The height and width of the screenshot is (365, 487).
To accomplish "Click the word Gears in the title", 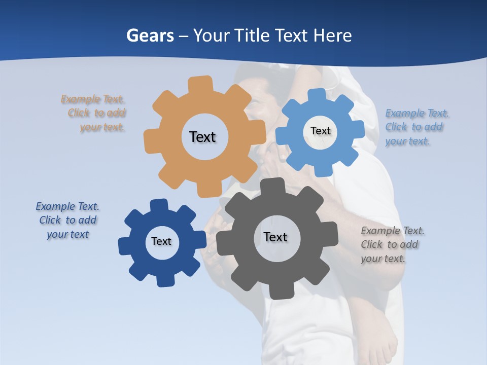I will tap(150, 35).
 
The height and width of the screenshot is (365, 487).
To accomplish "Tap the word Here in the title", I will tap(332, 35).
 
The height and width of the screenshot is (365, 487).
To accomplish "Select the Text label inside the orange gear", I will tap(202, 137).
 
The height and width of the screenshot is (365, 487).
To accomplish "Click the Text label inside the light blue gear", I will tap(320, 131).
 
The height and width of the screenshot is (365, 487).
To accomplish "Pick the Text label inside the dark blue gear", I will tap(161, 241).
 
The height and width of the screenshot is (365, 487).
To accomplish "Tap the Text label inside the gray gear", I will tap(275, 237).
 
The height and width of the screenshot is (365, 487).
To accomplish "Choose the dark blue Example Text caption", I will tap(67, 220).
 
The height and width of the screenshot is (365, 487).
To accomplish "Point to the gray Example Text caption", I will tap(392, 244).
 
